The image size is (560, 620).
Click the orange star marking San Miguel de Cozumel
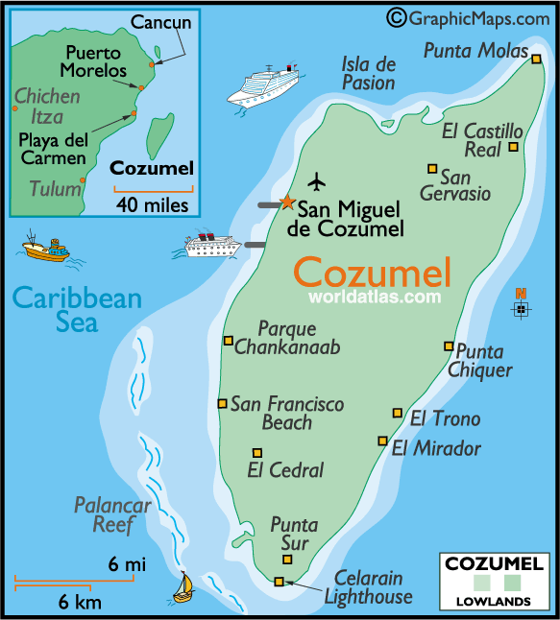286,202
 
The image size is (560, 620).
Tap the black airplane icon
317,181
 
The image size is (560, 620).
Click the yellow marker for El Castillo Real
514,147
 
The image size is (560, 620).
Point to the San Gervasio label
455,185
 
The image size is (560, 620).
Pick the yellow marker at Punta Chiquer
449,346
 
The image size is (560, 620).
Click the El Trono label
445,418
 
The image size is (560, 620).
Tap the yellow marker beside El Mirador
382,441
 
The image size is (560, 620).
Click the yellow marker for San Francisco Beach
223,403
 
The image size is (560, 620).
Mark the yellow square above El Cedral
256,453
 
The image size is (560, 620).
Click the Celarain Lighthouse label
368,586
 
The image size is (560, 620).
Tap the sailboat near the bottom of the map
183,585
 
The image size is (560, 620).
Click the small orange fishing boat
45,250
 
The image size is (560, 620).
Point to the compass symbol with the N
521,307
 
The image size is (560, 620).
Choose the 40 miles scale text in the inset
151,204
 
